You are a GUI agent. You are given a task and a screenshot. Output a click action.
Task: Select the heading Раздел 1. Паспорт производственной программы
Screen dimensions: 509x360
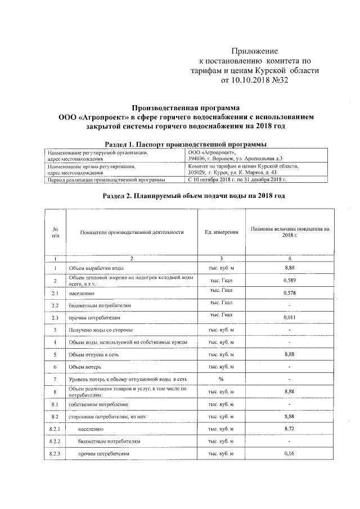coord(186,144)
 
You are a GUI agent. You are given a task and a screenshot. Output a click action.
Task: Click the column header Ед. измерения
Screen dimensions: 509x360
coord(221,232)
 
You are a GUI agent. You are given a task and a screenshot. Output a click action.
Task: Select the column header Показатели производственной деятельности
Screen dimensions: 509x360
coord(132,232)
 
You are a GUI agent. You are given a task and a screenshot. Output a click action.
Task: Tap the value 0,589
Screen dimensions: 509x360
coord(290,280)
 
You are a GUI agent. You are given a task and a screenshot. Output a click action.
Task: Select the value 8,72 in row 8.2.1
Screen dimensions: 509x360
coord(290,429)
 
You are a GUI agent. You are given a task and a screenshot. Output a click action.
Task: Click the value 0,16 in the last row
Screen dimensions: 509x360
coord(290,453)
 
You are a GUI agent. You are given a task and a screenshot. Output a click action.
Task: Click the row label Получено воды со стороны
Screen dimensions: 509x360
coord(101,330)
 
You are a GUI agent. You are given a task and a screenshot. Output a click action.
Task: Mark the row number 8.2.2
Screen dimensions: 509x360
coord(55,442)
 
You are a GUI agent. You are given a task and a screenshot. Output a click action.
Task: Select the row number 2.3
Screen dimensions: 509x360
coord(55,318)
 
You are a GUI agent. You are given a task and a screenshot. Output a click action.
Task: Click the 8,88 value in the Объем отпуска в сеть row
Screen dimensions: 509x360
coord(290,354)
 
